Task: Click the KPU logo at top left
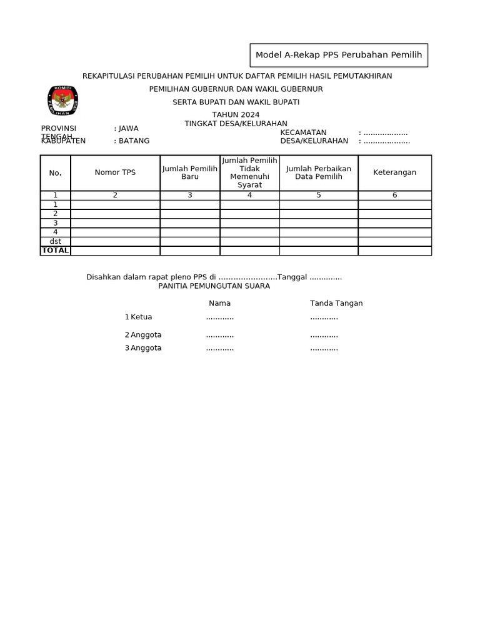pyautogui.click(x=63, y=101)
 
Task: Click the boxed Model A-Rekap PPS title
pyautogui.click(x=339, y=55)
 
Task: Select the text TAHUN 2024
pyautogui.click(x=236, y=114)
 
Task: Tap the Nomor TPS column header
pyautogui.click(x=115, y=172)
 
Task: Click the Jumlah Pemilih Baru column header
pyautogui.click(x=190, y=172)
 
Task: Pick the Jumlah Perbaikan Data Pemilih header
pyautogui.click(x=319, y=172)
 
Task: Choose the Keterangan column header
pyautogui.click(x=394, y=172)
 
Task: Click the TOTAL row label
pyautogui.click(x=56, y=251)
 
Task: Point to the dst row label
pyautogui.click(x=56, y=241)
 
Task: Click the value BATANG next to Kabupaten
pyautogui.click(x=134, y=141)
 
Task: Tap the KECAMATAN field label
pyautogui.click(x=303, y=132)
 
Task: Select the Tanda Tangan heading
pyautogui.click(x=336, y=303)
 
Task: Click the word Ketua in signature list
pyautogui.click(x=141, y=317)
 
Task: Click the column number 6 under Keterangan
pyautogui.click(x=394, y=195)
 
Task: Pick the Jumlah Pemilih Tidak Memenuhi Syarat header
pyautogui.click(x=249, y=172)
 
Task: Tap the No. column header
pyautogui.click(x=56, y=172)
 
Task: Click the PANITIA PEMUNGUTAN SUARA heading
pyautogui.click(x=214, y=286)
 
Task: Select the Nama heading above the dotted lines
pyautogui.click(x=219, y=303)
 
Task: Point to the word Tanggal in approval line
pyautogui.click(x=292, y=277)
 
